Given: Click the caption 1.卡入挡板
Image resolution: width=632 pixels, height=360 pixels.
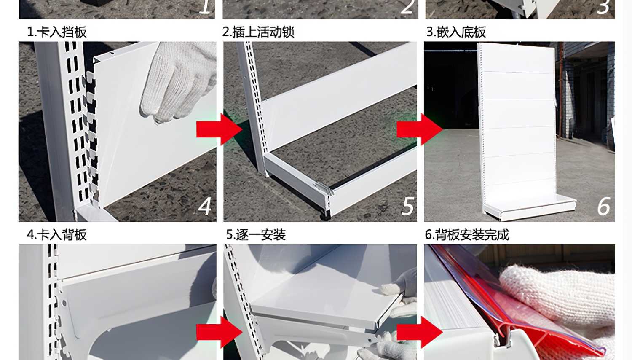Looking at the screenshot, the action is coord(57,32).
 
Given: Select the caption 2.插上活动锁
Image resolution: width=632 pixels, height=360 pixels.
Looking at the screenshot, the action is coord(258,32).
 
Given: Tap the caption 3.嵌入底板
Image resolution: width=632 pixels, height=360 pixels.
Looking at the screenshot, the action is coord(456,32).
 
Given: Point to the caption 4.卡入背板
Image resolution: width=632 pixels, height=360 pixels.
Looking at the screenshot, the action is coord(57,235).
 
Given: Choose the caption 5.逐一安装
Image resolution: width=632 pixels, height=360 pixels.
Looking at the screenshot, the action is coord(256,235).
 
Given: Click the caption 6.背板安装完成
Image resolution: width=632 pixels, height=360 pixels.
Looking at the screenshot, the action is coord(467,235).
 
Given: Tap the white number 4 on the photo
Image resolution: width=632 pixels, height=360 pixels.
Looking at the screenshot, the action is coord(204,206).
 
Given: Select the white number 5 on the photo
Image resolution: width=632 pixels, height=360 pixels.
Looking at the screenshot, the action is coord(408,206).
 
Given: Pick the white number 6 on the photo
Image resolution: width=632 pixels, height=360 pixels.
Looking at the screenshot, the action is coord(604,206).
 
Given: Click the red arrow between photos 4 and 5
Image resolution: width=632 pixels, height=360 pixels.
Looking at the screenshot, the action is coord(219,129).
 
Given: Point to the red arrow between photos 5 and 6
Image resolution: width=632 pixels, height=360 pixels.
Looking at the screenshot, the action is coord(420,129).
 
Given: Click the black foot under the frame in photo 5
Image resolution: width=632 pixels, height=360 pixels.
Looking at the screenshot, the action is coord(325,215).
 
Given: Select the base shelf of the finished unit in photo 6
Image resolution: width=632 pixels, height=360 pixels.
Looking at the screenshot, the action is coord(529,207).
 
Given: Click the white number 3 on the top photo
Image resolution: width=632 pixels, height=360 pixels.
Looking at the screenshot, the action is coord(603,7).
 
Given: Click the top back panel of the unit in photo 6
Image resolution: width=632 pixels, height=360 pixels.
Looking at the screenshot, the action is coord(518,58).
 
